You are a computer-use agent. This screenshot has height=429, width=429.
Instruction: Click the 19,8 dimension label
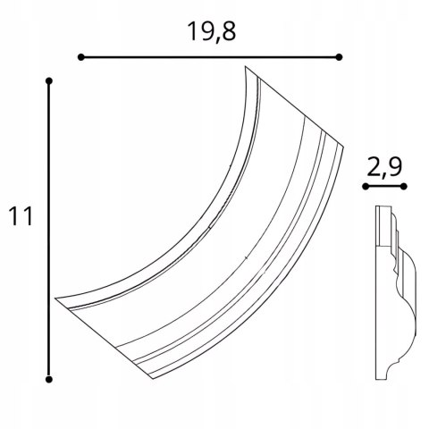[212, 31]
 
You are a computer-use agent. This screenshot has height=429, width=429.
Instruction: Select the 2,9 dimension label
[384, 166]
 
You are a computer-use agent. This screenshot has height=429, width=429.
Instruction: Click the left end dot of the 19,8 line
[80, 57]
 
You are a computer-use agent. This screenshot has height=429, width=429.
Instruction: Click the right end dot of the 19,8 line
[339, 57]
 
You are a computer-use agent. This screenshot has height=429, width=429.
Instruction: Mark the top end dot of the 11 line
[49, 82]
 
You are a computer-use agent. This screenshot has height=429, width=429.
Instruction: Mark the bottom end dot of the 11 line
[49, 376]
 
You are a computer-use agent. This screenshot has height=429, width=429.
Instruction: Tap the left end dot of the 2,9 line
[365, 186]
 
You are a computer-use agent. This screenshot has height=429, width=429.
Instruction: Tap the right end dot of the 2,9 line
[403, 186]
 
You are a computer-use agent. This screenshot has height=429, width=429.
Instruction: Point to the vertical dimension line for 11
[49, 229]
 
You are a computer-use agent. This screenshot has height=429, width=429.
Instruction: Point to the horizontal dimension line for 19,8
[210, 57]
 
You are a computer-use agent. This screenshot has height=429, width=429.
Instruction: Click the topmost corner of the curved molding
[248, 66]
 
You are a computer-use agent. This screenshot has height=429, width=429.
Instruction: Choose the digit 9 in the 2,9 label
[396, 166]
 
